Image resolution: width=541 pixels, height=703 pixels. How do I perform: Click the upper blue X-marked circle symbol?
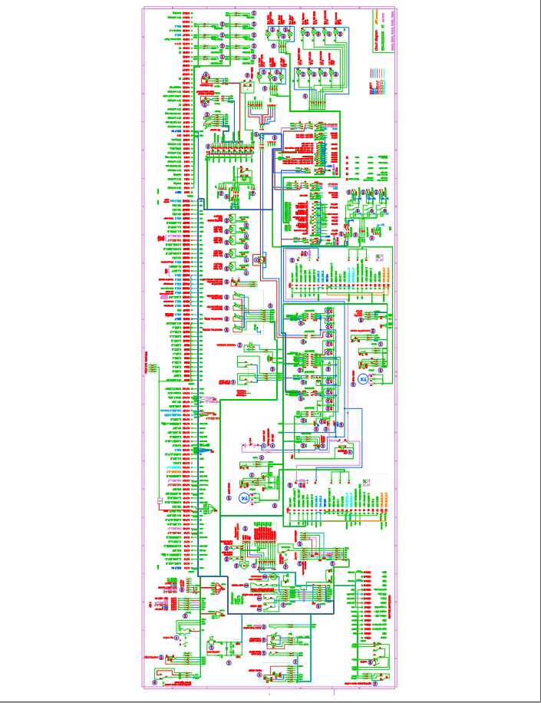(x=364, y=379)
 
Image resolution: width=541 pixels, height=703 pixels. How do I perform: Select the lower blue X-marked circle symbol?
(x=244, y=498)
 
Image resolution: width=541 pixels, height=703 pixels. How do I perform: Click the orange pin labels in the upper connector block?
(x=384, y=273)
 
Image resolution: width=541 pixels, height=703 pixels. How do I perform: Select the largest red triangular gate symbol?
(x=219, y=589)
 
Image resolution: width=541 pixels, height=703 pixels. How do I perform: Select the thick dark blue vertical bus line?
(x=200, y=384)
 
